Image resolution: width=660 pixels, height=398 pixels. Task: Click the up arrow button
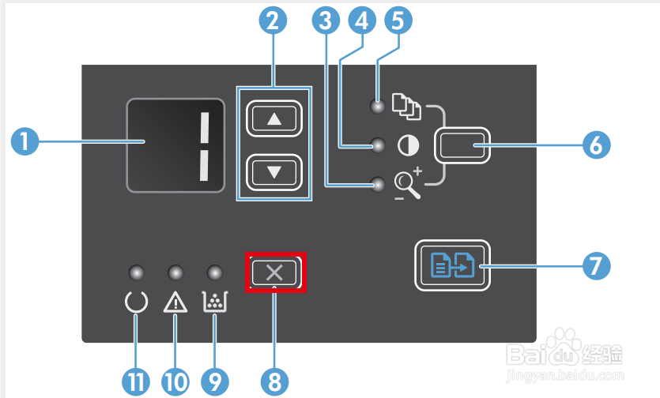click(274, 119)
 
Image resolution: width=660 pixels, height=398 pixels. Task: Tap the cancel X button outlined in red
click(274, 274)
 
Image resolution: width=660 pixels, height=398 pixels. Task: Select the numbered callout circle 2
click(273, 22)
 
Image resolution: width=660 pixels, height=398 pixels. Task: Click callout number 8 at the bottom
click(273, 381)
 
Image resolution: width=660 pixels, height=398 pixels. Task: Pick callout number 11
click(135, 381)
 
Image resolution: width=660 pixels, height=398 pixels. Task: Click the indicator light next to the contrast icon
click(379, 146)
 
